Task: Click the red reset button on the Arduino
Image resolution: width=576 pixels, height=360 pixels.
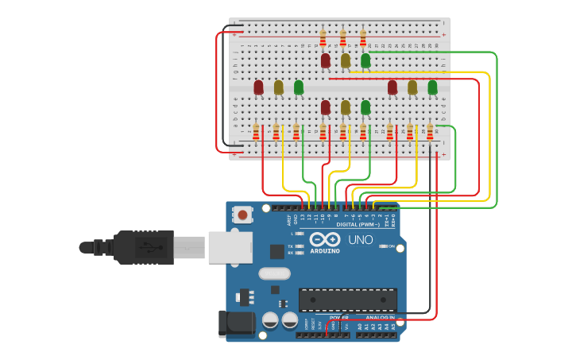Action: click(x=242, y=215)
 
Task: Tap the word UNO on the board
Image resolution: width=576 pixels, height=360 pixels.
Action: click(x=361, y=239)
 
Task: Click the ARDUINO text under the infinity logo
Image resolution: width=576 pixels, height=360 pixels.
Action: click(x=324, y=251)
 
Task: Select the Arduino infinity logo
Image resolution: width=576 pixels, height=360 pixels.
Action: click(x=324, y=240)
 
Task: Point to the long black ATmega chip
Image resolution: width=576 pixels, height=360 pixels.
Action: click(x=347, y=300)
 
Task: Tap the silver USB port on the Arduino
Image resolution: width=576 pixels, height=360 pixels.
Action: click(x=230, y=247)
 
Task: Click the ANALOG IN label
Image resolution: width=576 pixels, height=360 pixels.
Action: click(x=374, y=317)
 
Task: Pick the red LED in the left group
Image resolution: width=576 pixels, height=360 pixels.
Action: click(x=258, y=87)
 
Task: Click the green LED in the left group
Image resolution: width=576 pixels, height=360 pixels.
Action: click(x=299, y=87)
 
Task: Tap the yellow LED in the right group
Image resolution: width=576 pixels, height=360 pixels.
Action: click(x=412, y=87)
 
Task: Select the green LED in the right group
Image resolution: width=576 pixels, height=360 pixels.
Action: click(x=432, y=87)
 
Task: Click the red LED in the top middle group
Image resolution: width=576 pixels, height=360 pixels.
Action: click(x=326, y=60)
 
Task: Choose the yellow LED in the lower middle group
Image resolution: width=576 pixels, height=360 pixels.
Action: click(x=346, y=107)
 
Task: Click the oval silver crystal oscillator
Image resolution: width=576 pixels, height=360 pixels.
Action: click(x=274, y=274)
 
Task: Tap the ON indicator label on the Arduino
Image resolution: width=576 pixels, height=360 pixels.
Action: click(x=390, y=246)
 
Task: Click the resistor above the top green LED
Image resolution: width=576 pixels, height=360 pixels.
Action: click(x=363, y=38)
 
